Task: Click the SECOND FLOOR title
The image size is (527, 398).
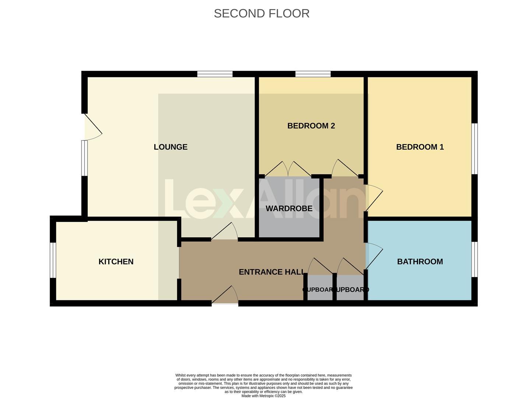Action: coord(261,13)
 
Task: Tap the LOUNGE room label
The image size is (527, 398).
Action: coord(171,147)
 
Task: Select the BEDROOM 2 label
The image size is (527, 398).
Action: coord(311,126)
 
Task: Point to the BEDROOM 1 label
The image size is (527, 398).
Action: coord(420,147)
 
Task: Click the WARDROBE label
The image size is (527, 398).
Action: coord(289,209)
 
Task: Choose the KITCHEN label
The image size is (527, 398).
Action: coord(116,262)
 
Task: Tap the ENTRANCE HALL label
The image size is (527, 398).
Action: coord(272,272)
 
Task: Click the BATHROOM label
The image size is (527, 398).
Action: coord(420,262)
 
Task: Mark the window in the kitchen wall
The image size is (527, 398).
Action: coord(53,260)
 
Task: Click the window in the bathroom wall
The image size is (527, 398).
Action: coord(475,259)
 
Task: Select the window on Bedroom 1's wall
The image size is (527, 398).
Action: coord(475,149)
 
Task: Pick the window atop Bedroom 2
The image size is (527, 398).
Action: coord(313,74)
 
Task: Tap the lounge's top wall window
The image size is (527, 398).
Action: coord(215,74)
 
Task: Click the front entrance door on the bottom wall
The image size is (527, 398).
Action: coord(225,296)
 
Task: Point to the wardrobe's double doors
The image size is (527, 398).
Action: coord(288,170)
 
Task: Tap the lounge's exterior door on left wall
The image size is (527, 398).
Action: coord(92,127)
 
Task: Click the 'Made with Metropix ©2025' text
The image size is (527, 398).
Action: coord(263,396)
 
